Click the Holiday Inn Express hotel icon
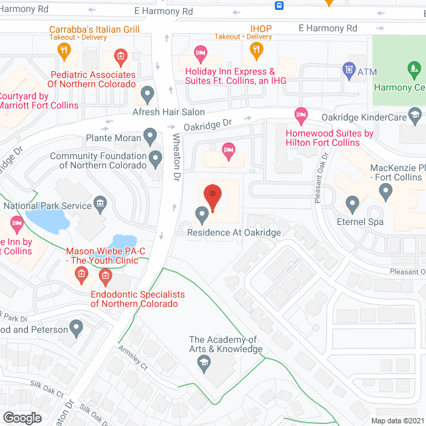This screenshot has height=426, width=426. (x=200, y=52)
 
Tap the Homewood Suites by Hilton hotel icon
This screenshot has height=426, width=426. (x=301, y=115)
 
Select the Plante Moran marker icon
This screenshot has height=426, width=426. (x=151, y=138)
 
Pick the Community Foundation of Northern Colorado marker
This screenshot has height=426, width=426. (x=156, y=159)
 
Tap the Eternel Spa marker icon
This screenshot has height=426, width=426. (x=353, y=203)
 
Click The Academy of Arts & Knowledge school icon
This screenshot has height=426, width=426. (x=204, y=363)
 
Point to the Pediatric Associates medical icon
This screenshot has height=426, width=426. (x=120, y=56)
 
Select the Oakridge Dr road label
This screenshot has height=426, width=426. (x=208, y=124)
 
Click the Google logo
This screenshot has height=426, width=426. (x=21, y=417)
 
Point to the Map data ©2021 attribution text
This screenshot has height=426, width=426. (x=397, y=421)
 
